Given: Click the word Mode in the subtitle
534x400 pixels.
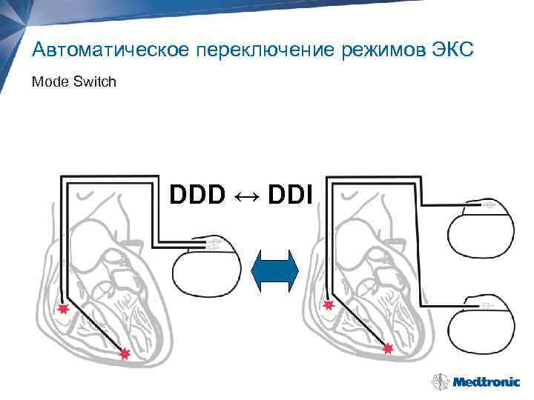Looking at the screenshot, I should (49, 81).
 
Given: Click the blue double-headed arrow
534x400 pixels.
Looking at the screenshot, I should (274, 273).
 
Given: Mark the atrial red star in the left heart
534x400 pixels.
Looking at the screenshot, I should (64, 309).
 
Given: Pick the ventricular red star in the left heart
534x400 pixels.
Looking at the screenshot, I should (125, 354).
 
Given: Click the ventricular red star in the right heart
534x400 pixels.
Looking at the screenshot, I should (387, 348).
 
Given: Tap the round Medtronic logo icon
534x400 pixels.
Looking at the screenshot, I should (438, 381).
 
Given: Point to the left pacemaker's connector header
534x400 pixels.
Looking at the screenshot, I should (211, 244).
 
